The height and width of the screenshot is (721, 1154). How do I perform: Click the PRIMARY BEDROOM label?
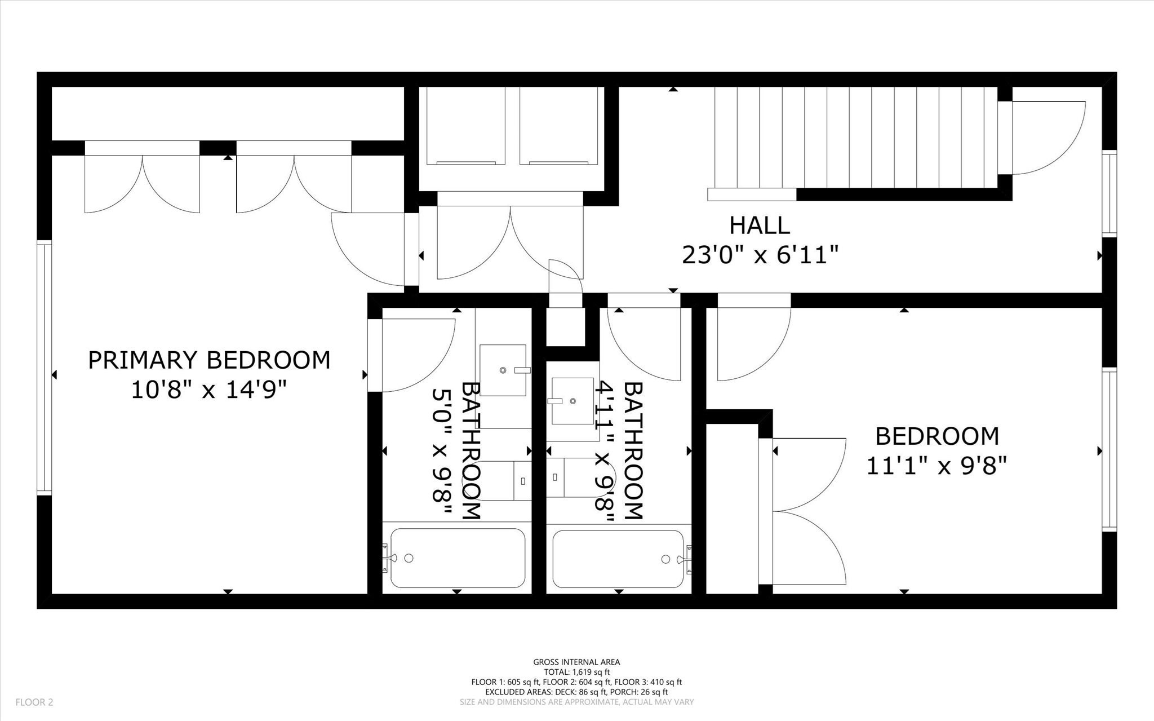pos(209,360)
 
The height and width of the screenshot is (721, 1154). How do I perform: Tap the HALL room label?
pos(760,225)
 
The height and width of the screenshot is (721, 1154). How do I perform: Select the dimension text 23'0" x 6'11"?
pos(760,255)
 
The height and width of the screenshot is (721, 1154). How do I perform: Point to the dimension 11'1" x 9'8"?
pos(936,466)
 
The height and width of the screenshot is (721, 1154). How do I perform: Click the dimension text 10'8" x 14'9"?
pos(209,390)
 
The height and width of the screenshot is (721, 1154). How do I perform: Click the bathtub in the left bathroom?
pos(457,558)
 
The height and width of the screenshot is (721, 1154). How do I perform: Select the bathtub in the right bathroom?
pos(618,559)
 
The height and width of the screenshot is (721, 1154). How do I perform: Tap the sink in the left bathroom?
pos(503,370)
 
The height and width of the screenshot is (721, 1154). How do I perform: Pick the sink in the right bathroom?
pos(572,401)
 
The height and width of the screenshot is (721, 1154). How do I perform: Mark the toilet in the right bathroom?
pos(580,477)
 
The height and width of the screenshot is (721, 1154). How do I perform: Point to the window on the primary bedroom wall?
pos(45,368)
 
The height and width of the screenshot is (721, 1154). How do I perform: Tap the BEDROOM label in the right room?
pos(937,436)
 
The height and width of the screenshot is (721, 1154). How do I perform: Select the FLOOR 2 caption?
pos(34,702)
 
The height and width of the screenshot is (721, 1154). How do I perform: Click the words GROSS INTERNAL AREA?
pos(576,662)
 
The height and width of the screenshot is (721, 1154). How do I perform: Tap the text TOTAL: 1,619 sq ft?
pos(576,672)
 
